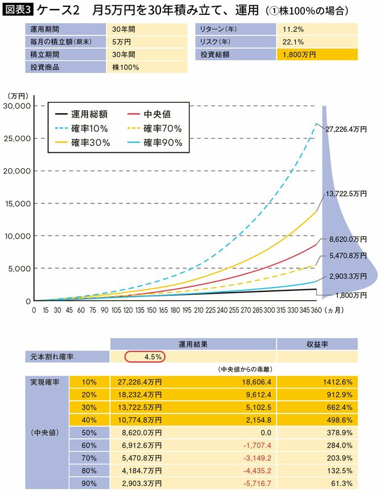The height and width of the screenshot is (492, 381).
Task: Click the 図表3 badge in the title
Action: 18,10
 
